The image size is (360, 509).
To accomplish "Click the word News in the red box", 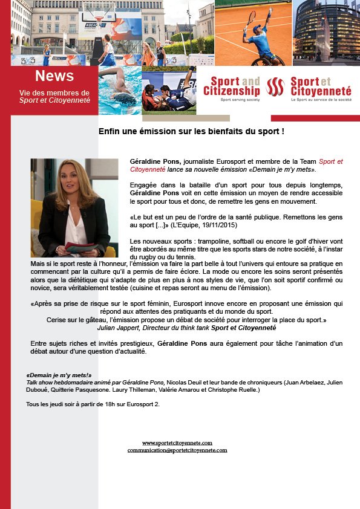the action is [54, 76].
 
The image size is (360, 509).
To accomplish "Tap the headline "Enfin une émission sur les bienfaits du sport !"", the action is [191, 131].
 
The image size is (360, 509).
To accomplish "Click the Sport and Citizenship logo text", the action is [232, 86].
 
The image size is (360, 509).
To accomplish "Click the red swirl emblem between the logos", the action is [275, 88].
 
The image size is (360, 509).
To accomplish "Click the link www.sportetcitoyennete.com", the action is [177, 443].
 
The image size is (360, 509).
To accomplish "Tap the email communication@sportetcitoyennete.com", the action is [177, 450].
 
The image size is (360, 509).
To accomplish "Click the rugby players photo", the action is [169, 91].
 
